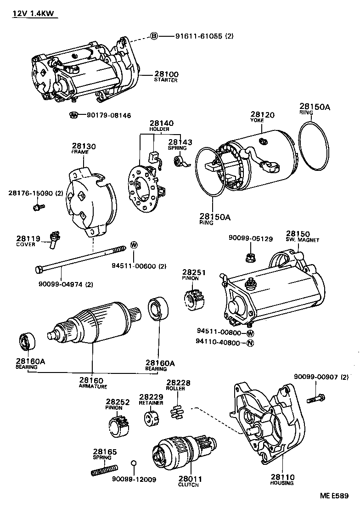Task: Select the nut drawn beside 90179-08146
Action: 73,115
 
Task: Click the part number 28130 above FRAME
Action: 83,146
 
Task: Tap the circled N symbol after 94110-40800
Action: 250,343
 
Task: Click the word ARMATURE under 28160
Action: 93,386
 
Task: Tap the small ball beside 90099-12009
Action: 134,463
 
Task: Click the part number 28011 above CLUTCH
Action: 188,478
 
